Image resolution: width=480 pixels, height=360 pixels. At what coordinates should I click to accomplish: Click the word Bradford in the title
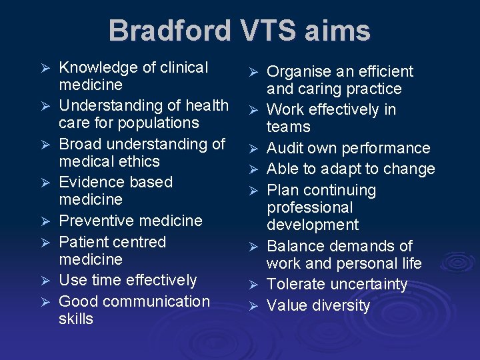coord(169,31)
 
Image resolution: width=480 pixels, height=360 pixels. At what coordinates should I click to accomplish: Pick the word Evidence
coord(87,182)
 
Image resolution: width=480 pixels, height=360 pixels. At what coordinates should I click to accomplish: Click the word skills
coord(76,319)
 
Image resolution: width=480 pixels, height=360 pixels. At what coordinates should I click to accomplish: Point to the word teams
coord(289,127)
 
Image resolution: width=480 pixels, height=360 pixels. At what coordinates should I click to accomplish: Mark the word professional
coord(309,208)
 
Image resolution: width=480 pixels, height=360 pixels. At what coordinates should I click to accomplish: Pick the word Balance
coord(296,246)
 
